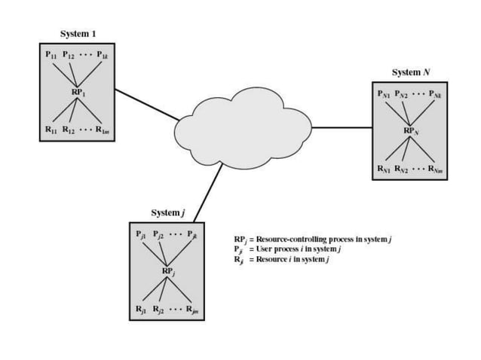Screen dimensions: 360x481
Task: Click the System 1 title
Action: [x=78, y=34]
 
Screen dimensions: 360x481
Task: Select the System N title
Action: [x=411, y=72]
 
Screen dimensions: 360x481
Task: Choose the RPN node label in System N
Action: [x=409, y=131]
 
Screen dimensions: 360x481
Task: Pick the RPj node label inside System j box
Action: [x=169, y=270]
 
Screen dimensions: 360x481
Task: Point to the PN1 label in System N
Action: [x=385, y=94]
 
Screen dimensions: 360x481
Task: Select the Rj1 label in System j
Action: [x=141, y=310]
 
